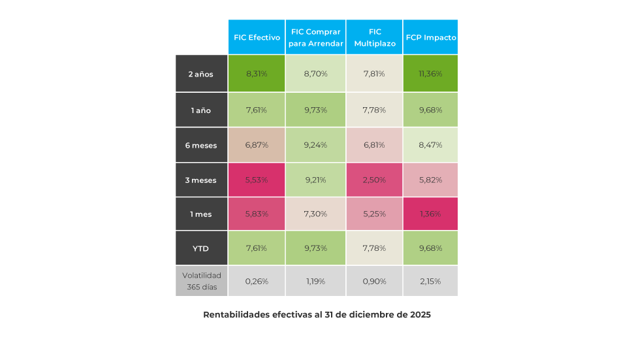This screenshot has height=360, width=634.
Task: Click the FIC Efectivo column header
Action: point(257,37)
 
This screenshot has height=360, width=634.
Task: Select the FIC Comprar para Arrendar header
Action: point(316,37)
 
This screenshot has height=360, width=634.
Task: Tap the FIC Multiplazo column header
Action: point(375,37)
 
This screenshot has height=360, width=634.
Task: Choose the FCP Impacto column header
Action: point(431,37)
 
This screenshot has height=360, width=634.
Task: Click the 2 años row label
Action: point(201,74)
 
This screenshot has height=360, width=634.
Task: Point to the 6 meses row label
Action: point(201,145)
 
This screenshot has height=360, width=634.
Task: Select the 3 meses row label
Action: point(201,180)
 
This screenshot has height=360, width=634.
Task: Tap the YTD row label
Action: point(201,248)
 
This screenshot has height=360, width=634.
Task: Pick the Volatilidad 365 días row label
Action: point(201,281)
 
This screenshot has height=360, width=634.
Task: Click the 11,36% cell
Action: point(431,74)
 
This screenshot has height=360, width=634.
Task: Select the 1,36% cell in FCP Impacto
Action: point(431,214)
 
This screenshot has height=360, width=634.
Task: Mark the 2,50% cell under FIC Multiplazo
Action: point(375,180)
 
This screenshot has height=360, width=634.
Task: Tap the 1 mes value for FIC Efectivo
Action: point(257,214)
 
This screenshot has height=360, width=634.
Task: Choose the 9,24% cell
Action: point(316,145)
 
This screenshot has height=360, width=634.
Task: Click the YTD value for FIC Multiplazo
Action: point(375,248)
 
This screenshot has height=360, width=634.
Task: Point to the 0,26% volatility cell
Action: point(257,281)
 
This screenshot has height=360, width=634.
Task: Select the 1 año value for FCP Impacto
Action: point(431,110)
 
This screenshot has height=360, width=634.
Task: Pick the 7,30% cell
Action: point(316,214)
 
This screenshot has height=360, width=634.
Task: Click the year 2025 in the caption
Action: point(420,315)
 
